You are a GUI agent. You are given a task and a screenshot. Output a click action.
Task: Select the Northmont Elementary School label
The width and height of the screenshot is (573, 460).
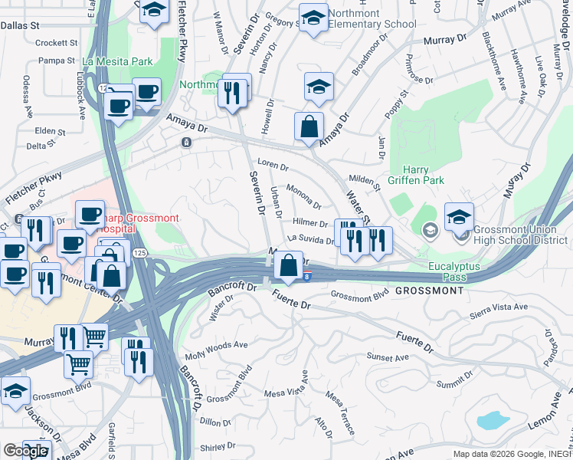coord(372,18)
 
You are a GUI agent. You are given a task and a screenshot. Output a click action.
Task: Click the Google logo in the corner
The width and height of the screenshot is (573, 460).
coord(25,450)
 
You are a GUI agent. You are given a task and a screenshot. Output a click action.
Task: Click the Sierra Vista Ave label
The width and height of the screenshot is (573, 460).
coord(500,307)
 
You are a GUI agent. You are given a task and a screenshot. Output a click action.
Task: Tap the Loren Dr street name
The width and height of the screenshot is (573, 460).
coord(272,165)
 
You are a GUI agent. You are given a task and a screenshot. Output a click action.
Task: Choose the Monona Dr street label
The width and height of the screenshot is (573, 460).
coord(303,195)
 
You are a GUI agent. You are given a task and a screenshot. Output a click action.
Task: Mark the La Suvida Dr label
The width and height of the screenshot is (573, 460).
coord(310,240)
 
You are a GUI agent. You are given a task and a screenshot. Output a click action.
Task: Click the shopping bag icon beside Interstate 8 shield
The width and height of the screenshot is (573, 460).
coord(288,265)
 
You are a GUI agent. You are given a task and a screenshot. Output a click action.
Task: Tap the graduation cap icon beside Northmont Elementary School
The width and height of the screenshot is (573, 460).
coord(313,19)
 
